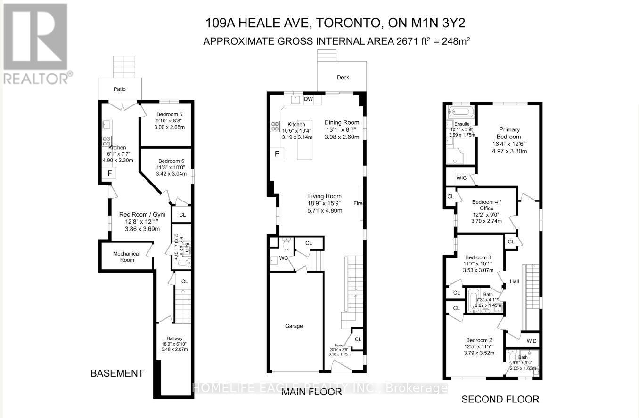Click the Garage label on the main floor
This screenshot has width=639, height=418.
[294, 326]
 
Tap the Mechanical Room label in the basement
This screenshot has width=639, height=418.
[126, 257]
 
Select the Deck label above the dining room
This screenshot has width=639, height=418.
[343, 77]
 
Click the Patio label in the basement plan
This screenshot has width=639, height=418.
[119, 89]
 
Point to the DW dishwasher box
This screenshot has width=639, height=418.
[309, 99]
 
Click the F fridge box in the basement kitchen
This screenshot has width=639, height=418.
[110, 173]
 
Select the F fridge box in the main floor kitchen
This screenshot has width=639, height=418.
[277, 154]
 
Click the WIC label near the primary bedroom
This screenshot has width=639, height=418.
[461, 178]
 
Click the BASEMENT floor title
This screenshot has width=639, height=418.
[117, 373]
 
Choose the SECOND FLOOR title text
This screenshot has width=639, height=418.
[500, 399]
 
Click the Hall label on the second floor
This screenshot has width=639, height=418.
[514, 281]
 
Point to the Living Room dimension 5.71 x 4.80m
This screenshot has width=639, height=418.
[325, 211]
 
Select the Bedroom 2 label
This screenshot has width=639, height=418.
[479, 340]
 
